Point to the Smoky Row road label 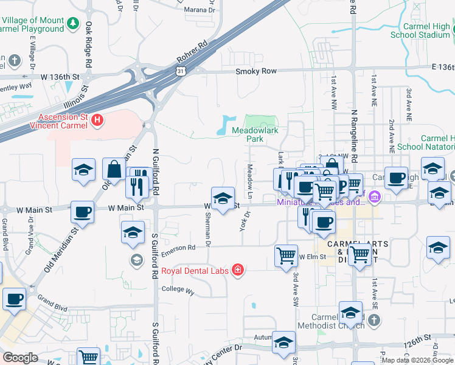point(256,71)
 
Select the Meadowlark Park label point(256,134)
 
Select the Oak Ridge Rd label point(89,45)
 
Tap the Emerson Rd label point(178,248)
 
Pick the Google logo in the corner point(20,358)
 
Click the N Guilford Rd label point(156,172)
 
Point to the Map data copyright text point(417,360)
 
